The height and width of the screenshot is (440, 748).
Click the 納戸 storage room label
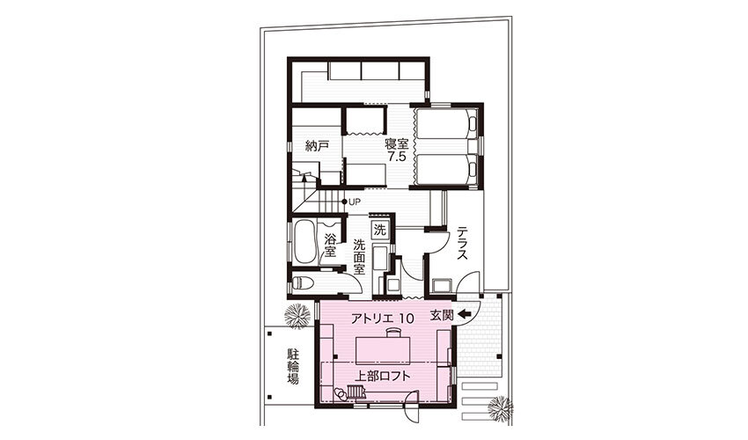[x=317, y=146]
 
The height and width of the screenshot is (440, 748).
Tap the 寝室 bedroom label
[x=397, y=144]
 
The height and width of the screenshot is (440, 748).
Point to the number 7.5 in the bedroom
[x=397, y=157]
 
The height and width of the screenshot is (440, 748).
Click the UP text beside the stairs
[x=355, y=202]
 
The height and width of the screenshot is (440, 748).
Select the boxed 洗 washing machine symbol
[x=380, y=230]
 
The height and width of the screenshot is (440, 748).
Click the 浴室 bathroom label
[x=330, y=244]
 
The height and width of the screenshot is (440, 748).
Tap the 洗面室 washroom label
[x=359, y=257]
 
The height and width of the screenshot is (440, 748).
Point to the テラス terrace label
[x=462, y=244]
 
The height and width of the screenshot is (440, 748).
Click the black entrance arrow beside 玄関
[x=464, y=313]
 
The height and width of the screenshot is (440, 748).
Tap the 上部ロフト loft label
[x=382, y=376]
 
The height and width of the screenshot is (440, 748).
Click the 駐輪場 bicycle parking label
[x=292, y=366]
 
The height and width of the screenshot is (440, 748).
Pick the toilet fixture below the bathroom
[x=302, y=283]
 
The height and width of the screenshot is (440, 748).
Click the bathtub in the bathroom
[x=304, y=242]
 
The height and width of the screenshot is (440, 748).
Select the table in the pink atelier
[x=383, y=350]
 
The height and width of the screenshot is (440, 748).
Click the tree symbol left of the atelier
[x=297, y=315]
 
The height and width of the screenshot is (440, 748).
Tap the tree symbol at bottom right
[x=501, y=408]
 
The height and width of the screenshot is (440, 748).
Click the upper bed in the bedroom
[x=446, y=124]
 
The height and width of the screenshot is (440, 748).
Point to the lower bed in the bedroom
[x=446, y=169]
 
